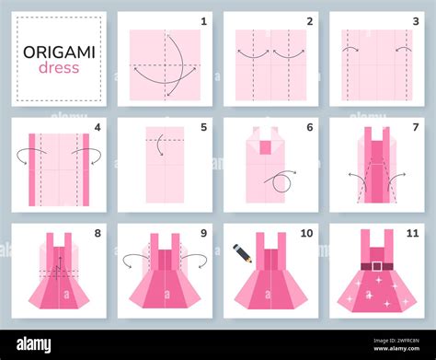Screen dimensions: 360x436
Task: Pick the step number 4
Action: point(97,127)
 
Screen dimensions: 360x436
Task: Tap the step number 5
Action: point(203,127)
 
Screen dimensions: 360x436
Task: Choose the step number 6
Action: point(310,127)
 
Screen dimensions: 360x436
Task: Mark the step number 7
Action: point(416,127)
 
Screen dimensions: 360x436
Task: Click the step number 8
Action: point(97,233)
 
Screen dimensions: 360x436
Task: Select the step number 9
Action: point(203,233)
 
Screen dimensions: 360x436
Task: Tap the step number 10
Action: point(307,233)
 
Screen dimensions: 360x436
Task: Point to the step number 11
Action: point(413,233)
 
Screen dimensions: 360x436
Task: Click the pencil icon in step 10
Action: point(242,250)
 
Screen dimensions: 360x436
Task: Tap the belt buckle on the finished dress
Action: point(375,267)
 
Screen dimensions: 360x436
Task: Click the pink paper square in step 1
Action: point(165,64)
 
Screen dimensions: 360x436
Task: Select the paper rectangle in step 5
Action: point(165,171)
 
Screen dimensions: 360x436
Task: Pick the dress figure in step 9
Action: point(165,275)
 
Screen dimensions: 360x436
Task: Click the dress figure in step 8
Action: point(58,275)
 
